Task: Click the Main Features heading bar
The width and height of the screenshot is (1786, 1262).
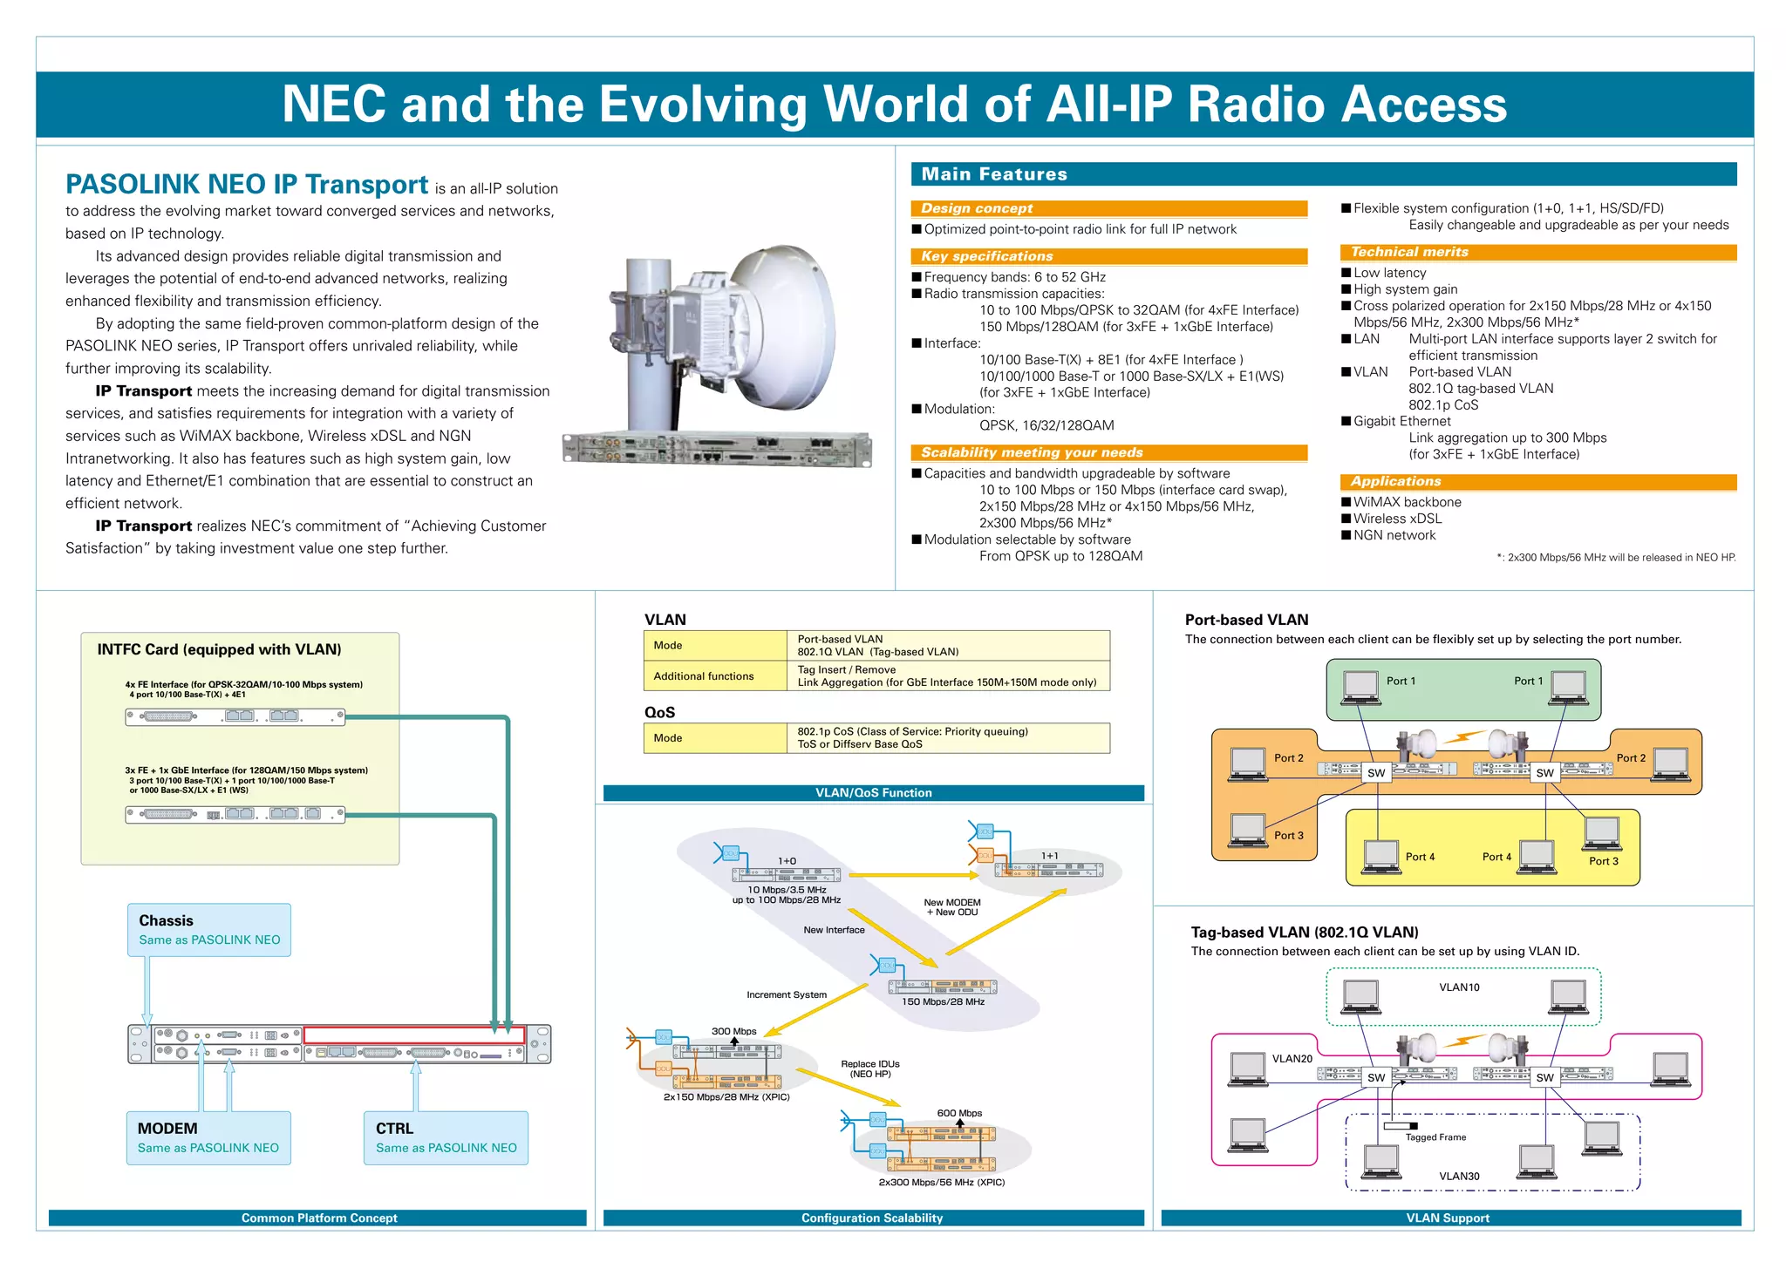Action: (1323, 174)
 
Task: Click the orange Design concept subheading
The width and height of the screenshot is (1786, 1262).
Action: (1108, 208)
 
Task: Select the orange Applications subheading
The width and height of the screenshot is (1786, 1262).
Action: (1537, 481)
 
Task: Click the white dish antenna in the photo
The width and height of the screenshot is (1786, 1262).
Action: (785, 331)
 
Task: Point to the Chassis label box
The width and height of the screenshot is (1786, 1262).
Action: (209, 929)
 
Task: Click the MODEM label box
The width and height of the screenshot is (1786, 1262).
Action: (208, 1137)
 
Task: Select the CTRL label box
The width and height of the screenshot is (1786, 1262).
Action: (446, 1137)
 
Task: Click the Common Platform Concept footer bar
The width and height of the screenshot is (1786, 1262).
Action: (318, 1218)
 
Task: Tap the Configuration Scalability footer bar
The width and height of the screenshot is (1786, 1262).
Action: (872, 1218)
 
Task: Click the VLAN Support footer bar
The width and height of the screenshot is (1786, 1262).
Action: (1448, 1218)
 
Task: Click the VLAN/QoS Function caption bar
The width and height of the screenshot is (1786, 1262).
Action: (873, 792)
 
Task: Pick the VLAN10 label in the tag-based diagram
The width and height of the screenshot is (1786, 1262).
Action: (1459, 987)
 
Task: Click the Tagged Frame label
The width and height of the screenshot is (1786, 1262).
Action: (1435, 1137)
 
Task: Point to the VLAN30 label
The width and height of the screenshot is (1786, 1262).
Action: (1459, 1176)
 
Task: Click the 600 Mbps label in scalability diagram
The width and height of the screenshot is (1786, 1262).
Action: (959, 1113)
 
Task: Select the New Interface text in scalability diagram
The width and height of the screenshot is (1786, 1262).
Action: (834, 930)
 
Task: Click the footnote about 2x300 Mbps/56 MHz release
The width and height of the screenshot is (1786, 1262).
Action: (1616, 558)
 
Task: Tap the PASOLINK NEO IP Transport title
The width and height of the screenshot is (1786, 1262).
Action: (247, 185)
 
